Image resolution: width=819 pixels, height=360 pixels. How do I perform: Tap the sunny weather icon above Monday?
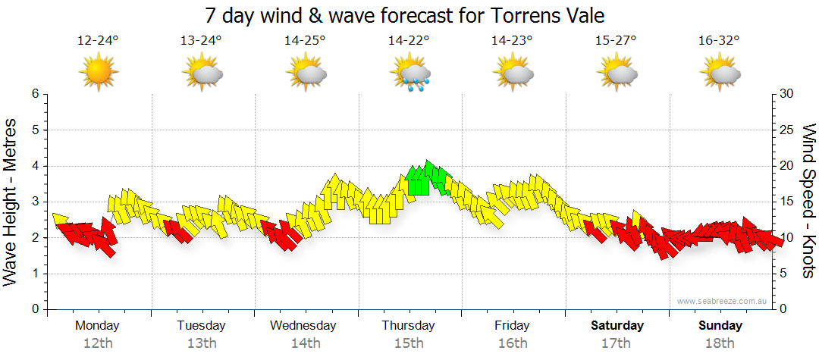tap(98, 74)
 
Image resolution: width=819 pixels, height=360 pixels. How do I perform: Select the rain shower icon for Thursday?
tap(409, 74)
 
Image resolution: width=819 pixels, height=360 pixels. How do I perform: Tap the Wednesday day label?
tap(303, 325)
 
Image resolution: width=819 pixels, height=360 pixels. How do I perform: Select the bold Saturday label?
tap(617, 325)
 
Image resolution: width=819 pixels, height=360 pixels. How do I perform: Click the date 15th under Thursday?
tap(409, 343)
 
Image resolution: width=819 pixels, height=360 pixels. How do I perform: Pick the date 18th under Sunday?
tap(720, 343)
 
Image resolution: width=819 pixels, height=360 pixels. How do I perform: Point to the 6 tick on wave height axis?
tap(34, 94)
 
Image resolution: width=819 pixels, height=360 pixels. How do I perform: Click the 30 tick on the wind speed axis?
tap(787, 94)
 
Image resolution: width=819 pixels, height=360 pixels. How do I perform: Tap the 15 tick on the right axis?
tap(787, 202)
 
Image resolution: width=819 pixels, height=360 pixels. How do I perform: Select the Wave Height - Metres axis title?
tap(11, 202)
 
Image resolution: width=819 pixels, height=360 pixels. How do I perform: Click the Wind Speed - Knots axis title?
tap(808, 202)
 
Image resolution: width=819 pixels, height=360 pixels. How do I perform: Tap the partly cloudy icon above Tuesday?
tap(202, 74)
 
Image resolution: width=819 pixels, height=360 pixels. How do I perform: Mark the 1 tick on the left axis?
tap(34, 274)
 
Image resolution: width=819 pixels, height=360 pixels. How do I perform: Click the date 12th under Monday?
tap(98, 343)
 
